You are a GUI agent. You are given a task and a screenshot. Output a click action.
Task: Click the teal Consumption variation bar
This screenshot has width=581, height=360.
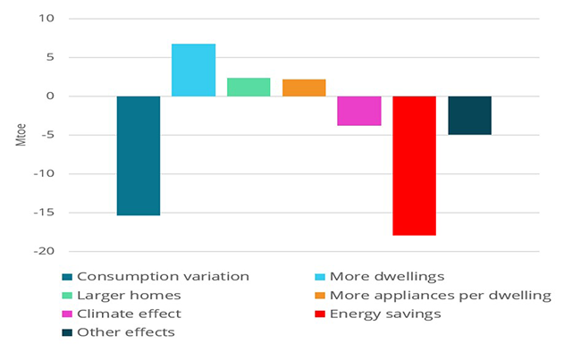click(x=139, y=155)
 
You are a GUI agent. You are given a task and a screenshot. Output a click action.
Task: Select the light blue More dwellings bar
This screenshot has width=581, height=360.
click(x=193, y=70)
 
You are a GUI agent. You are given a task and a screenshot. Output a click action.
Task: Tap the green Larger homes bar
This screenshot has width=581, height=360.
click(x=248, y=87)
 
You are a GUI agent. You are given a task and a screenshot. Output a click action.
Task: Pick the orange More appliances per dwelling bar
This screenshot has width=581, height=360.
click(x=304, y=88)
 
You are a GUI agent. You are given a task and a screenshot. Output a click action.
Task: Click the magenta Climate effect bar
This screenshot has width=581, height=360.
click(x=359, y=111)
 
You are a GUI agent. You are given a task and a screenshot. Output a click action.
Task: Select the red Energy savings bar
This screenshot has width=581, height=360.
click(x=414, y=165)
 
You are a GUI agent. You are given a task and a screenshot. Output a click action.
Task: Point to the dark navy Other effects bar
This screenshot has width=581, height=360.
click(x=469, y=115)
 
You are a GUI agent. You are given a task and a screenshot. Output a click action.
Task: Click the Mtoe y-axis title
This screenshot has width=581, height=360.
click(x=21, y=136)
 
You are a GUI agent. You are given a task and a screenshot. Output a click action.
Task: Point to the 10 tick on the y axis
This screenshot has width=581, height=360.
click(x=46, y=19)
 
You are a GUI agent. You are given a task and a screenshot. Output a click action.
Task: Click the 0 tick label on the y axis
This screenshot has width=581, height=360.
click(x=50, y=96)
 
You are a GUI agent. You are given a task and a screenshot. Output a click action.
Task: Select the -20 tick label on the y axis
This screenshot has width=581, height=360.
click(x=43, y=252)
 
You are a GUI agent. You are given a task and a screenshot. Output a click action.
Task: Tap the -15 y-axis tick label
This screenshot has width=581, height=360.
click(x=43, y=213)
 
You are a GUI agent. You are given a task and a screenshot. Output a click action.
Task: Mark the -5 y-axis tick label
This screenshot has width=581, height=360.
click(x=46, y=135)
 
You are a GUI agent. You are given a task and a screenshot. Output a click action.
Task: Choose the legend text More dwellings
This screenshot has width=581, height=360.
click(x=387, y=276)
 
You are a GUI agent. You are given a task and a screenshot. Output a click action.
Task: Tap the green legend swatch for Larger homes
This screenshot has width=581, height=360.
click(x=68, y=295)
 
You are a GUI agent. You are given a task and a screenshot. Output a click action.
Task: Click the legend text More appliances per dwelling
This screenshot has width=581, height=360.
click(x=440, y=295)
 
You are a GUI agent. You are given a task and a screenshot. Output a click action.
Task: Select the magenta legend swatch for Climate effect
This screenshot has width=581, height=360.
click(x=68, y=314)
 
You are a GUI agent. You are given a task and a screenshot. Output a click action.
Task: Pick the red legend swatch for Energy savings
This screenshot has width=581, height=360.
click(x=320, y=314)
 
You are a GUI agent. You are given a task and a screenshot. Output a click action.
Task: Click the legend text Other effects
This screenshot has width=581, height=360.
click(x=125, y=332)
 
